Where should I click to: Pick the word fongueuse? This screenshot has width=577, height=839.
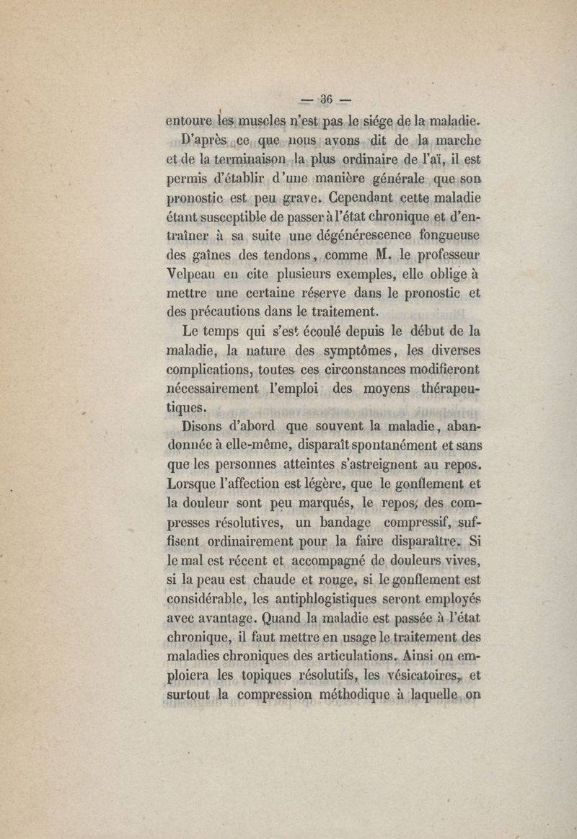tap(448, 236)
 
